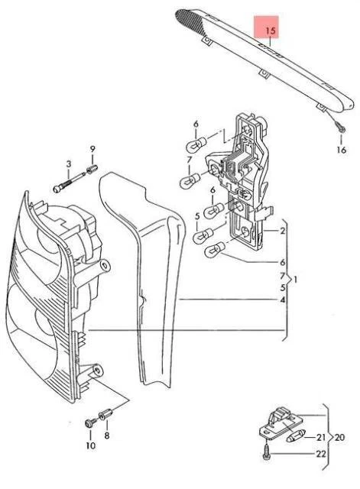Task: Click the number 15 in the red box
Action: [x=271, y=31]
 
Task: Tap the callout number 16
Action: [x=342, y=150]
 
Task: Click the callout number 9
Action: [x=92, y=149]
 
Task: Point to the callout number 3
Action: [x=69, y=164]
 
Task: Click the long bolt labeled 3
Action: [x=70, y=182]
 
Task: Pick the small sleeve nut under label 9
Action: [x=92, y=170]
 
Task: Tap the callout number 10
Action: [x=90, y=445]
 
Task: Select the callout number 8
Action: [x=107, y=436]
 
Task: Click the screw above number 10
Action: [x=90, y=423]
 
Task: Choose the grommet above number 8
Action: [x=105, y=413]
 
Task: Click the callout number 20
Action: [x=339, y=437]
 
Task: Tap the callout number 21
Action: [x=321, y=437]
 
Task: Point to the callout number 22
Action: [x=321, y=454]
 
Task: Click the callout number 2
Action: [x=282, y=231]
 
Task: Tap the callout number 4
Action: [x=282, y=300]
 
